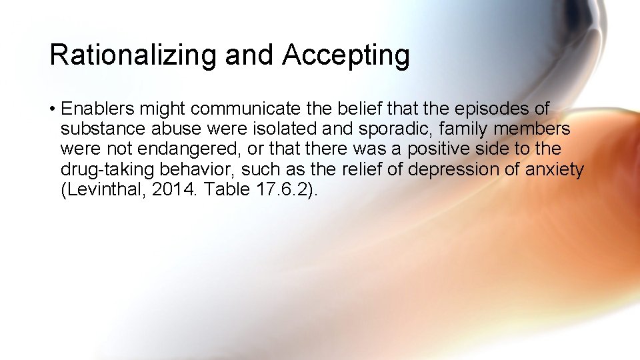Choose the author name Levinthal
pyautogui.click(x=103, y=189)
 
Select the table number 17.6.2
pyautogui.click(x=279, y=189)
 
